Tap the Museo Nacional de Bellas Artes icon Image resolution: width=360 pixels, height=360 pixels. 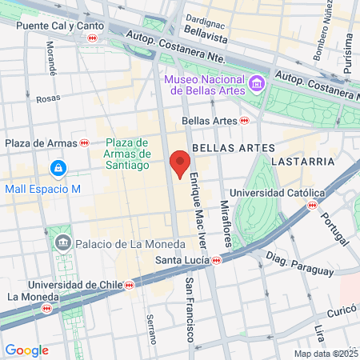pyautogui.click(x=256, y=82)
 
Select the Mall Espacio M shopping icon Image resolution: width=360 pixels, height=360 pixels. pyautogui.click(x=58, y=168)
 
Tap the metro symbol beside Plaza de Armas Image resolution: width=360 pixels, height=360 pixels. pyautogui.click(x=84, y=142)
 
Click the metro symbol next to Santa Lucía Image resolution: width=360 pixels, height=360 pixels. pyautogui.click(x=217, y=259)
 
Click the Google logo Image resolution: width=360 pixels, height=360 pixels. pyautogui.click(x=26, y=350)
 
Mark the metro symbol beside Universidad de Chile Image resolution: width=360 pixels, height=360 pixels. pyautogui.click(x=130, y=285)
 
